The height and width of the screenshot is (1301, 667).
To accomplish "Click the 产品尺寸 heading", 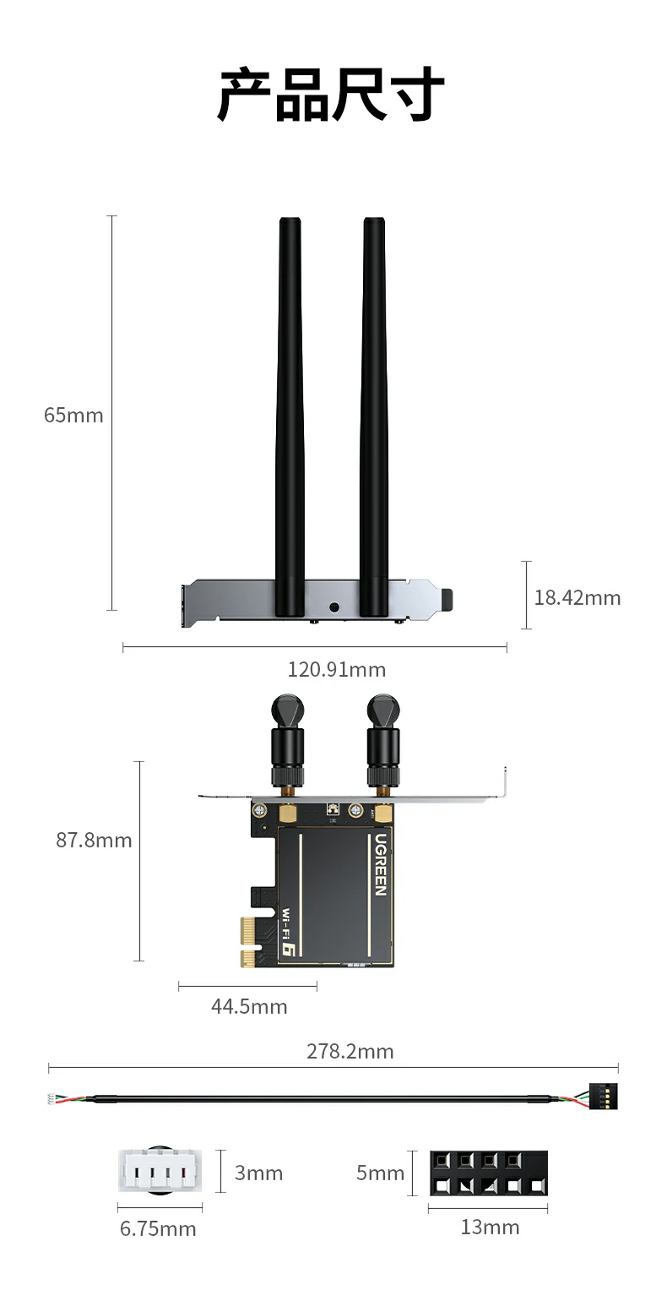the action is [x=332, y=94].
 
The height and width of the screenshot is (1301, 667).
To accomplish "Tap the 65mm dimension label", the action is [x=73, y=416].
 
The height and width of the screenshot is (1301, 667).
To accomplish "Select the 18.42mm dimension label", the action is [x=577, y=597].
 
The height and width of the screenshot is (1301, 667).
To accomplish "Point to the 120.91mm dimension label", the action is [x=337, y=670].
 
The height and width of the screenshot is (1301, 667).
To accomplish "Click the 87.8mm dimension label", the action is [x=94, y=841].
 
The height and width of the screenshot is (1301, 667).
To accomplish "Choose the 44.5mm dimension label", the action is [x=249, y=1006].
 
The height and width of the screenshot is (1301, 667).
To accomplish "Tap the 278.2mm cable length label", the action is [x=350, y=1051].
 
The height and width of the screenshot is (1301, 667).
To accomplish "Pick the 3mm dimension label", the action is [x=258, y=1173].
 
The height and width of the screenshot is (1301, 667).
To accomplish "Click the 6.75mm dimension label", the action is [x=158, y=1229].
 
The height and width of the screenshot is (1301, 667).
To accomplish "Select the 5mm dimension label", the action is [x=380, y=1173].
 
